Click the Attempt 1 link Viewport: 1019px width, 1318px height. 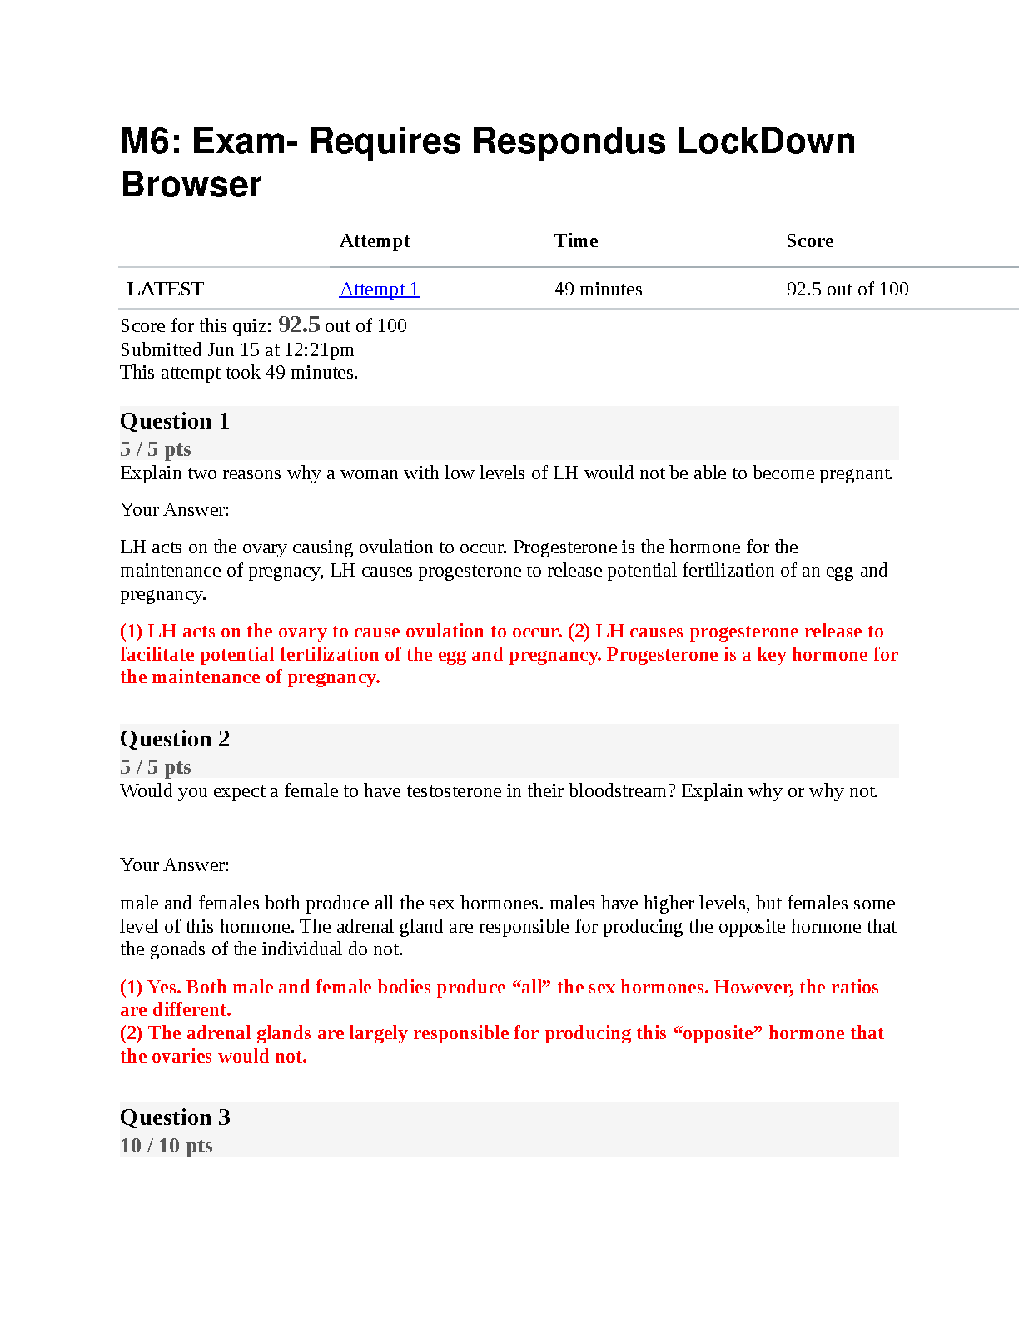coord(379,289)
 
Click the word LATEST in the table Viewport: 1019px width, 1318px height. coord(165,289)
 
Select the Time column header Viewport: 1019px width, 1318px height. coord(576,240)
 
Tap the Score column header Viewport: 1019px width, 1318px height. coord(809,240)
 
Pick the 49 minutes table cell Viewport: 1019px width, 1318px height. coord(598,289)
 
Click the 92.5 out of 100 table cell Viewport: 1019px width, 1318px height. coord(847,289)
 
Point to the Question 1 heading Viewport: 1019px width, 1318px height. coord(175,421)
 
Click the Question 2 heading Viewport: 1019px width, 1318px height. coord(175,739)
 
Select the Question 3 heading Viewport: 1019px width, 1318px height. coord(175,1117)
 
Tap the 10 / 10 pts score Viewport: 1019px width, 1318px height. coord(166,1146)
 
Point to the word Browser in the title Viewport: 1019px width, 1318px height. coord(191,185)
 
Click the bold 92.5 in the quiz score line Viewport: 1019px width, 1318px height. coord(299,325)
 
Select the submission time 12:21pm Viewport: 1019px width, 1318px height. coord(321,349)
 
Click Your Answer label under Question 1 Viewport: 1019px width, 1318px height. coord(174,509)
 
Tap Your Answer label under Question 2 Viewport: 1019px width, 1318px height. coord(174,865)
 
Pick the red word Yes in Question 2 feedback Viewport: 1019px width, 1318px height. coord(162,987)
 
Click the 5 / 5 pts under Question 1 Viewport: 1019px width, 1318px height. coord(155,449)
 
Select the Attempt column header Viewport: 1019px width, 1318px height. coord(375,240)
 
